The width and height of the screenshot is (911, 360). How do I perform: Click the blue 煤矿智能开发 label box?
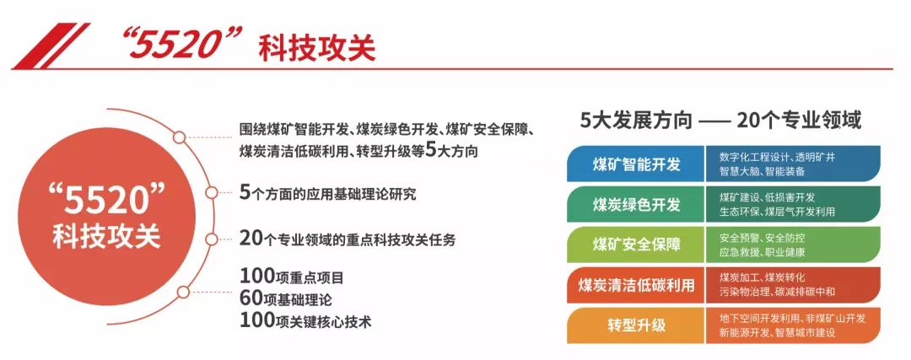tap(636, 164)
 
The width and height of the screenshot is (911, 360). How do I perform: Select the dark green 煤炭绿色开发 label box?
tap(636, 204)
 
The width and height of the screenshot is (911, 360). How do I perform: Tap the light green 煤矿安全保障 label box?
tap(636, 244)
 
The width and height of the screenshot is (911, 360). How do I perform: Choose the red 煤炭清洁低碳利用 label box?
tap(636, 285)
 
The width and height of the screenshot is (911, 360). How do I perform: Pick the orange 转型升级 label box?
tap(636, 325)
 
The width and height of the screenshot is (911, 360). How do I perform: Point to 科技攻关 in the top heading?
tap(316, 46)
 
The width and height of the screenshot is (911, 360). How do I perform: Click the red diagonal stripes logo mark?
tap(51, 46)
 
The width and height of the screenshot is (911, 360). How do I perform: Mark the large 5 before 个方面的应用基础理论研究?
tap(244, 192)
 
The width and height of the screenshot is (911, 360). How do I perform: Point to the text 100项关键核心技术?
tap(305, 320)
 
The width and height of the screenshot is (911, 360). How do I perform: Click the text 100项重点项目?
tap(292, 277)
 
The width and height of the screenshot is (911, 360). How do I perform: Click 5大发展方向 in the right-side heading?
tap(637, 121)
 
